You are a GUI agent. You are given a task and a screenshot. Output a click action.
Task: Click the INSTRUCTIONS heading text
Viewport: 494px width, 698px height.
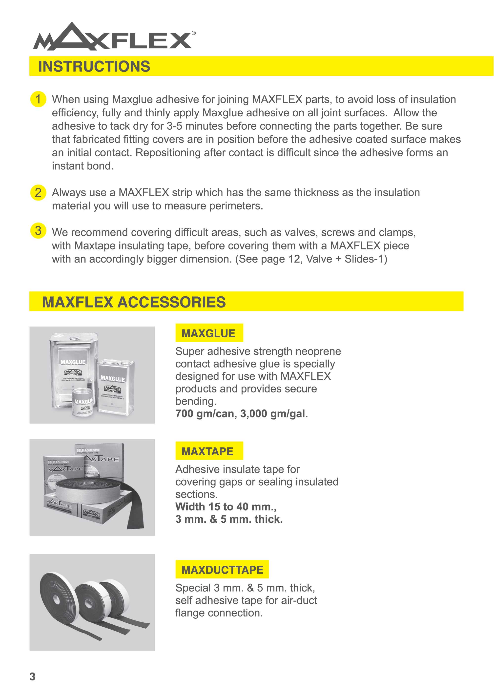click(x=94, y=66)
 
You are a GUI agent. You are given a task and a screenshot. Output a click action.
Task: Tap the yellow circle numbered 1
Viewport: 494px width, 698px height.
click(x=38, y=99)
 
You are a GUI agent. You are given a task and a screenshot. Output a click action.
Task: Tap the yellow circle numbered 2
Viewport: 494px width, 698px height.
click(x=38, y=192)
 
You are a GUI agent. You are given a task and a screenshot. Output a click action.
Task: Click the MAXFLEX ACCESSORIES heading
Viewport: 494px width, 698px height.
click(x=134, y=302)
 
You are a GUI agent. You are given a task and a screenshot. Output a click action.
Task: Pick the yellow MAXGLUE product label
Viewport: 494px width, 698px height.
click(x=209, y=333)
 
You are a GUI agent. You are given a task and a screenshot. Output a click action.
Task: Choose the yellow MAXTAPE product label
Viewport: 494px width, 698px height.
click(x=209, y=451)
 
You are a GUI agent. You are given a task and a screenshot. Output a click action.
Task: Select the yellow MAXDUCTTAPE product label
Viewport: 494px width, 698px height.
click(x=222, y=570)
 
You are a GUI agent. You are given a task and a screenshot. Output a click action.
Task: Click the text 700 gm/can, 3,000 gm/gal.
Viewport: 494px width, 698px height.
click(x=242, y=414)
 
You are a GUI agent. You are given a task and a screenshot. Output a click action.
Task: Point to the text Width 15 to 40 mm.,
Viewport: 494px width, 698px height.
click(x=226, y=507)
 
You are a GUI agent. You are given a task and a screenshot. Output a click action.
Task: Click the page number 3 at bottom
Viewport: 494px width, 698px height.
click(x=33, y=677)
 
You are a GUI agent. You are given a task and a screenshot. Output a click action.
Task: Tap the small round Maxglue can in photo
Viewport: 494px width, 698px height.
click(x=83, y=403)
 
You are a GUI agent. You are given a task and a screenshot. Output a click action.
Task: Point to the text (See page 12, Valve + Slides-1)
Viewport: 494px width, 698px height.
click(x=311, y=259)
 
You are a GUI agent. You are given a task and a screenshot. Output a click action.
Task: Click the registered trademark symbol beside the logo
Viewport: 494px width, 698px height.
click(x=194, y=33)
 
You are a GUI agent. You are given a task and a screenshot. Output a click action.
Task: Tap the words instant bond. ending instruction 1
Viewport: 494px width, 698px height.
click(x=82, y=166)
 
